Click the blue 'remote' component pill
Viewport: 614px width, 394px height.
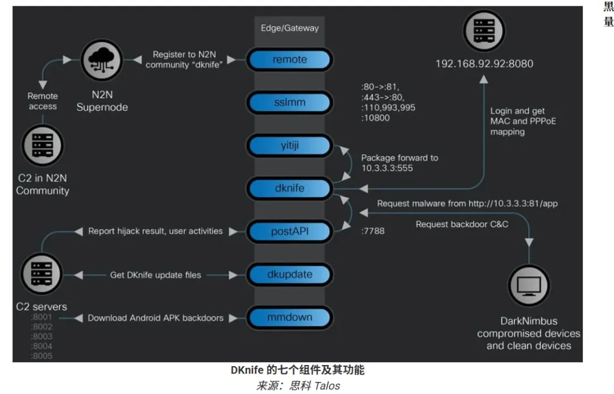coord(289,59)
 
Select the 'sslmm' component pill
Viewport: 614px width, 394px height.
coord(289,103)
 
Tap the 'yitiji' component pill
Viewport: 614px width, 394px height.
coord(289,146)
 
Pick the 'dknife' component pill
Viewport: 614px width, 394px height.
coord(289,188)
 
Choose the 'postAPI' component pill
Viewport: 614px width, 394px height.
coord(289,231)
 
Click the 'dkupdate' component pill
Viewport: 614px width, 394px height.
coord(289,274)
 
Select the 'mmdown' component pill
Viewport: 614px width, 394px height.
coord(289,317)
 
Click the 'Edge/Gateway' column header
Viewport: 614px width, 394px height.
coord(289,28)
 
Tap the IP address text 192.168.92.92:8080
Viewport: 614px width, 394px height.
coord(484,64)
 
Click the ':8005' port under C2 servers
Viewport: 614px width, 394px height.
coord(42,356)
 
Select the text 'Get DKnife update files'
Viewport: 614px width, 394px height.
coord(155,275)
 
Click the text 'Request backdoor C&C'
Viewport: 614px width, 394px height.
coord(462,224)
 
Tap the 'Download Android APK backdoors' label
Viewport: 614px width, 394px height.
coord(155,318)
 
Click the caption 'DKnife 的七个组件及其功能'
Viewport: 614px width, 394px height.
coord(297,370)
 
